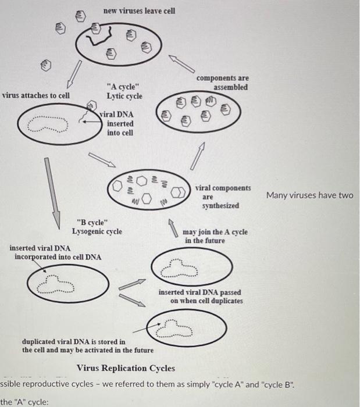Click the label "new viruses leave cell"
point(139,11)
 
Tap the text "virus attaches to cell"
point(35,95)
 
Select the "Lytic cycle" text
point(124,96)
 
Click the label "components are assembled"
point(222,83)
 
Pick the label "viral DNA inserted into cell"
point(119,123)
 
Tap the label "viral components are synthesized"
point(223,197)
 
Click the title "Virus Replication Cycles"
point(126,368)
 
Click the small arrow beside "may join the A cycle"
point(173,226)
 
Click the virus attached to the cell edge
point(90,106)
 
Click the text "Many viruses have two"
point(309,195)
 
